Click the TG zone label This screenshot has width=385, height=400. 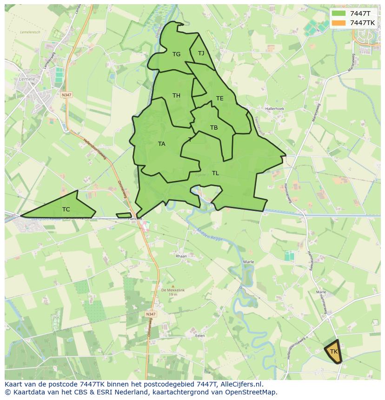(x=176, y=54)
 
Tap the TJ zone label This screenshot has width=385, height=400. (x=201, y=53)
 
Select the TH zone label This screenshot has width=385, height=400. (x=176, y=96)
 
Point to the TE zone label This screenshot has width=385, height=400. (x=219, y=98)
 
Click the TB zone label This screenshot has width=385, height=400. (x=213, y=128)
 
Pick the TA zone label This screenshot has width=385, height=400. (x=161, y=144)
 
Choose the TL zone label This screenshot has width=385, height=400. (x=215, y=173)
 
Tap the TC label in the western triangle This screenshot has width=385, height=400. (x=66, y=210)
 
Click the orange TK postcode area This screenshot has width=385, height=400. (x=333, y=352)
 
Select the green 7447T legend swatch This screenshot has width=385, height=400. (x=339, y=13)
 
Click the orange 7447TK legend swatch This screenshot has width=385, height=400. (x=339, y=23)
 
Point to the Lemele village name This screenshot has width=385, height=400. (x=27, y=80)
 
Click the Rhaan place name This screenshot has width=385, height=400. (x=181, y=256)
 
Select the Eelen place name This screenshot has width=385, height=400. (x=200, y=335)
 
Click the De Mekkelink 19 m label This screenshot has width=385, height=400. (x=173, y=292)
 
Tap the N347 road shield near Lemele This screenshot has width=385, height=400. (x=66, y=95)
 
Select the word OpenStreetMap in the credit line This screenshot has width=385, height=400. (x=251, y=392)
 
